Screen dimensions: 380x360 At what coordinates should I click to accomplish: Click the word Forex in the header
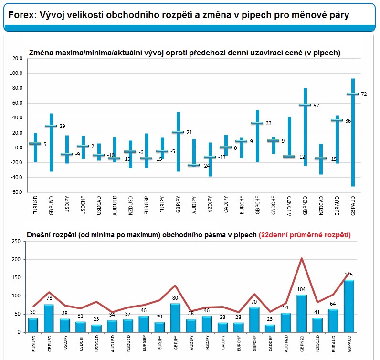tap(22, 15)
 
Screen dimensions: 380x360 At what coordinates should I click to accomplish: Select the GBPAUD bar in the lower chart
tap(349, 306)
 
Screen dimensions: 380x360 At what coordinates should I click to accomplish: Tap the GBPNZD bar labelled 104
tap(302, 314)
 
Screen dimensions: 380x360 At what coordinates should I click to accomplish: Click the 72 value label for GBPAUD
tap(364, 94)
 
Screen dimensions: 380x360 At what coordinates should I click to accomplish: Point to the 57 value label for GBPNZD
tap(316, 106)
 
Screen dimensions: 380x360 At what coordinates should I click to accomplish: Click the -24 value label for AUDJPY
tap(206, 166)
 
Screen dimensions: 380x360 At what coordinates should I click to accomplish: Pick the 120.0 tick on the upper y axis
tap(16, 58)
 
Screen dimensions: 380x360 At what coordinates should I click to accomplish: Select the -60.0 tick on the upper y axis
tap(16, 192)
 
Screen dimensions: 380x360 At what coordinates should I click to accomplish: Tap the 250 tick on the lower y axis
tap(16, 241)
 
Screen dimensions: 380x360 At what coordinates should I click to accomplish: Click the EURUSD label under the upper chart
tap(35, 205)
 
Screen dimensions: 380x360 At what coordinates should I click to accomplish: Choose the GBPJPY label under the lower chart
tap(176, 342)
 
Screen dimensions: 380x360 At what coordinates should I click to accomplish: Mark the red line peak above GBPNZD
tap(302, 258)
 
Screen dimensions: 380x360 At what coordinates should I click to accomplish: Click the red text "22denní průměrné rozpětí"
tap(305, 235)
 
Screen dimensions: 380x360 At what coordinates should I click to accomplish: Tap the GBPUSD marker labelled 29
tap(51, 126)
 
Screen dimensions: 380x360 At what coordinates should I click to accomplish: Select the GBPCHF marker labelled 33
tap(257, 123)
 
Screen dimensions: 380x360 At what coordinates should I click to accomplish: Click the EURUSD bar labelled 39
tap(33, 325)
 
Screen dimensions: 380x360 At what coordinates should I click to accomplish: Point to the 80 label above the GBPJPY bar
tap(175, 298)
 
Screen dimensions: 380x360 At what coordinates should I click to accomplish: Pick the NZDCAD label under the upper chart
tap(321, 206)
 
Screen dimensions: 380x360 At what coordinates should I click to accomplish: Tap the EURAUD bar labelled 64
tap(333, 321)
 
